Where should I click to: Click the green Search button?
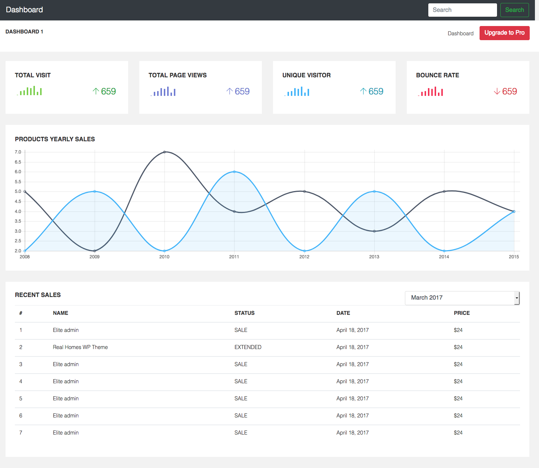pos(514,10)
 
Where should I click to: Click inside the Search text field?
pos(462,10)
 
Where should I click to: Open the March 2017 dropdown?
pos(462,298)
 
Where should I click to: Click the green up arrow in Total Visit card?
pos(96,91)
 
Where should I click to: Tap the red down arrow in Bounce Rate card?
pos(497,91)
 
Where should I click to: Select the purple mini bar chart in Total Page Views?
pos(163,91)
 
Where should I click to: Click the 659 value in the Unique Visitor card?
pos(376,91)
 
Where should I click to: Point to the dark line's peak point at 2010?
pos(165,152)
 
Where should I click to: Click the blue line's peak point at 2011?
pos(234,172)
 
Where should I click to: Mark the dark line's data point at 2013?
pos(374,231)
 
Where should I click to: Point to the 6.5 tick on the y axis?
pos(18,162)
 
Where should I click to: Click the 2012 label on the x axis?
pos(304,256)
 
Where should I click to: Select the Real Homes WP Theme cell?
pos(80,347)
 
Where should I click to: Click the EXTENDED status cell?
pos(248,347)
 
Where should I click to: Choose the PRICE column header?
pos(462,313)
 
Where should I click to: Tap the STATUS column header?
pos(244,313)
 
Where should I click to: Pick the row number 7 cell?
pos(21,432)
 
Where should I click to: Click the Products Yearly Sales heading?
pos(55,139)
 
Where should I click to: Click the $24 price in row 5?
pos(458,398)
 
